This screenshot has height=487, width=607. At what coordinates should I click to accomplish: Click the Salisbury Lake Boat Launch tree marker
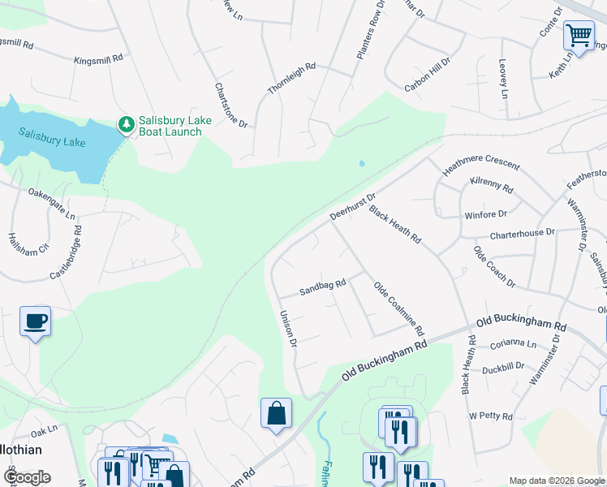[126, 125]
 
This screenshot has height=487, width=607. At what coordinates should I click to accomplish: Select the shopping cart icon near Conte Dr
[579, 37]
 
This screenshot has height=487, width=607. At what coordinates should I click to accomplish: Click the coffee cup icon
[36, 321]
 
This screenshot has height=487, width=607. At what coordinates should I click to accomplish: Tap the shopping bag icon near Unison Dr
[276, 413]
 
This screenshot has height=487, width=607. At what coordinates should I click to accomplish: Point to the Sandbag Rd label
[323, 287]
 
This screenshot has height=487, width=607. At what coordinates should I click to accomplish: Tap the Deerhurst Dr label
[353, 206]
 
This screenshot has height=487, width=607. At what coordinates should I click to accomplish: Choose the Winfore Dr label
[485, 215]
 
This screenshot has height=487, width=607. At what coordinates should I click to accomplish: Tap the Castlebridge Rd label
[66, 252]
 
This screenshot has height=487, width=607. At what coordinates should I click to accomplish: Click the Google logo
[27, 477]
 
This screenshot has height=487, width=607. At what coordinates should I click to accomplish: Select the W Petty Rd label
[491, 416]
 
